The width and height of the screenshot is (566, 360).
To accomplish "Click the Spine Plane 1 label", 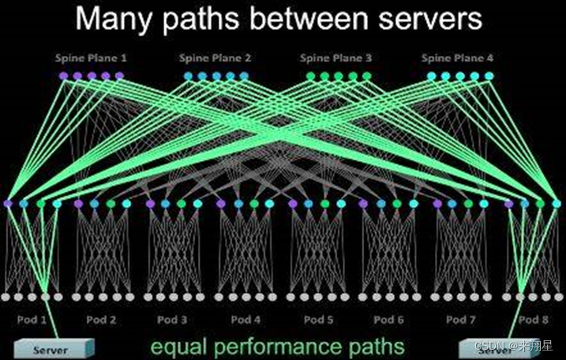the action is tap(91, 58).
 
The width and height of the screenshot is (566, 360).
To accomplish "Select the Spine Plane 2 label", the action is tap(215, 58).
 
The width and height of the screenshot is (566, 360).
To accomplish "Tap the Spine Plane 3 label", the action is tap(336, 58).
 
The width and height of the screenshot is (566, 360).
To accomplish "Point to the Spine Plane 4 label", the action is tap(458, 58).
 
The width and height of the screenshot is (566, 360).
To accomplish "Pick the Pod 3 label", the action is tap(172, 320).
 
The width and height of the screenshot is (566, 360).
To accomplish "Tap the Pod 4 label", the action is tap(246, 320).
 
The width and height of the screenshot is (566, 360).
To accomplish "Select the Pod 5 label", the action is tap(318, 320).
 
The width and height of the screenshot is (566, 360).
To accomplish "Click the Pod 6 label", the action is tap(388, 320).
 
